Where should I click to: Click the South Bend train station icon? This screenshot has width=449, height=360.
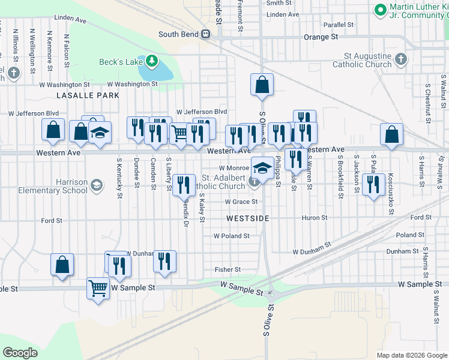pyautogui.click(x=206, y=34)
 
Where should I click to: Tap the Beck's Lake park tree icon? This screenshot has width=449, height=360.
pyautogui.click(x=152, y=61)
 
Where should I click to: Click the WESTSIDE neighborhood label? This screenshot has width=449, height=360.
pyautogui.click(x=248, y=218)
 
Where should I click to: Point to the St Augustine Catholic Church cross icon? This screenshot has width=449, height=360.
pyautogui.click(x=402, y=59)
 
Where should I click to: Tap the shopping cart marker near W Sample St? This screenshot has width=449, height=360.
pyautogui.click(x=98, y=288)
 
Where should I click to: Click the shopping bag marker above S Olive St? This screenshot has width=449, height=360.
pyautogui.click(x=262, y=85)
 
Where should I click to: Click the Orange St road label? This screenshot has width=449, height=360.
pyautogui.click(x=321, y=37)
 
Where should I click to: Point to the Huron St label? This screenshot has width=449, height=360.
pyautogui.click(x=315, y=218)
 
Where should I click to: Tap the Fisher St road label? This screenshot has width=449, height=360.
pyautogui.click(x=228, y=270)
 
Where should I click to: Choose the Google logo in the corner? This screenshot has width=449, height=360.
pyautogui.click(x=20, y=353)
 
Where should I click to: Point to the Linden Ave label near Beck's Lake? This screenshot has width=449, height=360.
pyautogui.click(x=70, y=19)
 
